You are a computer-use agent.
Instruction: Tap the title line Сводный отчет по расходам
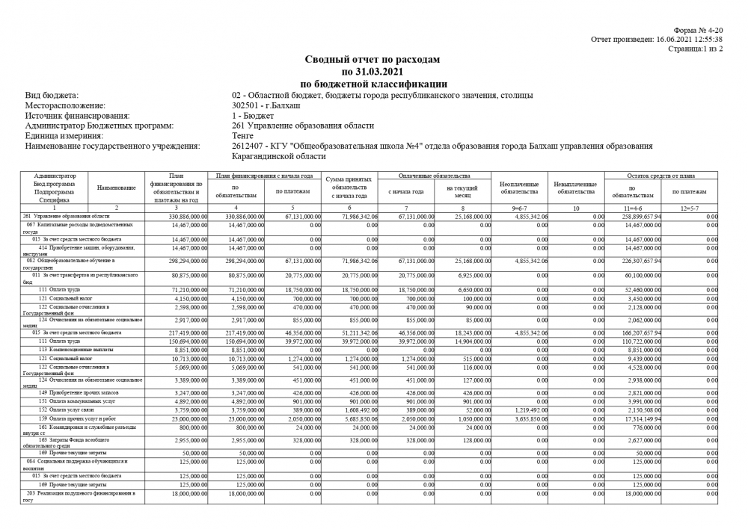click(x=373, y=59)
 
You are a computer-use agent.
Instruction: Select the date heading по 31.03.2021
click(x=373, y=72)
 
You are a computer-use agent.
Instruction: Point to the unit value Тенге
click(x=243, y=136)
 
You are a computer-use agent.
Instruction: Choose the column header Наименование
click(x=116, y=188)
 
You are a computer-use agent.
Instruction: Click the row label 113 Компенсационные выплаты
click(x=75, y=349)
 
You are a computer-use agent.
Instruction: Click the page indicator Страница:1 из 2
click(x=695, y=48)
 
